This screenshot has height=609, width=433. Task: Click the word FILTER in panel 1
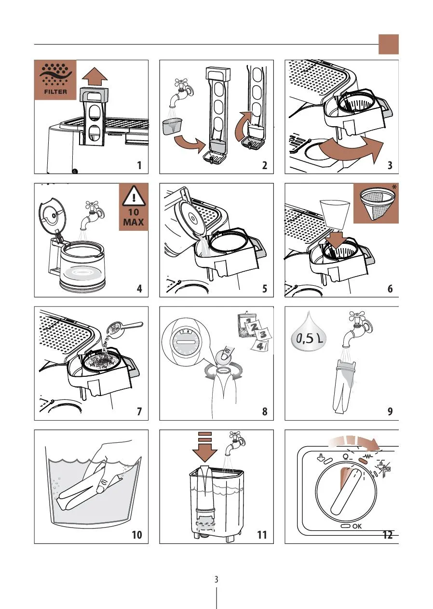55,92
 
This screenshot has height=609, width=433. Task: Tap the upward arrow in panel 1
95,77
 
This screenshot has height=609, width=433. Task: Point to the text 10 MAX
134,217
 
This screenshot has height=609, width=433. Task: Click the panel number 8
265,412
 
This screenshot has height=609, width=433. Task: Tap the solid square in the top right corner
389,44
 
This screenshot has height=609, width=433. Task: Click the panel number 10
137,535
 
